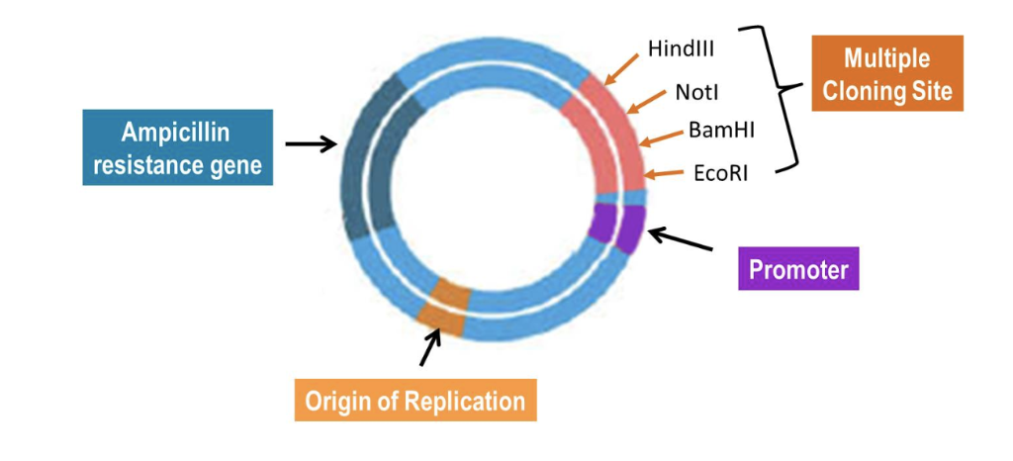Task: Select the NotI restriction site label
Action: (697, 92)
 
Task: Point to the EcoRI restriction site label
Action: (718, 173)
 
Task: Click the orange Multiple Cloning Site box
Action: (886, 73)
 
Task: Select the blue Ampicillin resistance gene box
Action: (177, 147)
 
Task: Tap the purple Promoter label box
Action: (798, 268)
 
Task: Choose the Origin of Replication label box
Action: (415, 400)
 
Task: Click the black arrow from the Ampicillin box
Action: (310, 144)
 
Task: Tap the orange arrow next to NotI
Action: (646, 102)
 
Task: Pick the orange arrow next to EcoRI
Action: (665, 175)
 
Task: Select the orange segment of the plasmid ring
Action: (442, 307)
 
